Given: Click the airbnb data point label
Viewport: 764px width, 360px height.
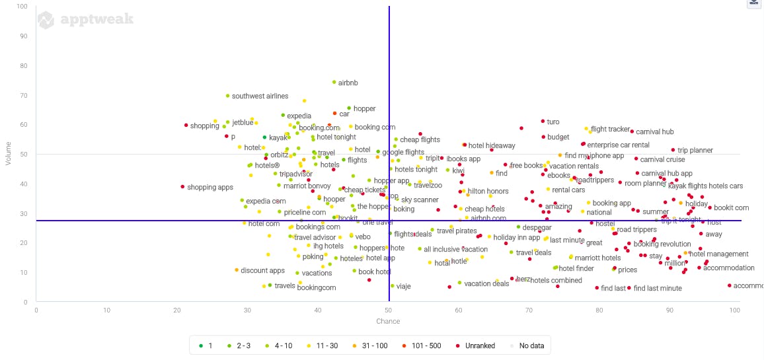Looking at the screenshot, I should point(348,83).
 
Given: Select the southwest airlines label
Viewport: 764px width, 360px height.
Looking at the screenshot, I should point(260,96).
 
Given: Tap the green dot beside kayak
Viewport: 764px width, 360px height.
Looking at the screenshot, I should point(264,137).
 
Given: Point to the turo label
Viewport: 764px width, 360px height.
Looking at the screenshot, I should point(553,122).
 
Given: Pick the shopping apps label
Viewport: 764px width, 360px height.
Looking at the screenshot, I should point(210,188).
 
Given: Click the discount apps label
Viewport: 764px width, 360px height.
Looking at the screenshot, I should point(262,271).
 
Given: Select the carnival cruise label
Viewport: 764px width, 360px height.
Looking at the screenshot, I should point(662,160).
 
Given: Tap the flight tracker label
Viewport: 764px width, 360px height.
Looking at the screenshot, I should point(610,129).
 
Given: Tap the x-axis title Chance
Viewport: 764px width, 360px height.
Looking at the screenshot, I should point(388,322).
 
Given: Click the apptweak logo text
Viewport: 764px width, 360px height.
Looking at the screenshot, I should point(96,19).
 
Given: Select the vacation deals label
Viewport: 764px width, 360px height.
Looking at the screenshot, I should point(486,284).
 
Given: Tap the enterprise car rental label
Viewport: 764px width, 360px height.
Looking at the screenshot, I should point(618,145).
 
